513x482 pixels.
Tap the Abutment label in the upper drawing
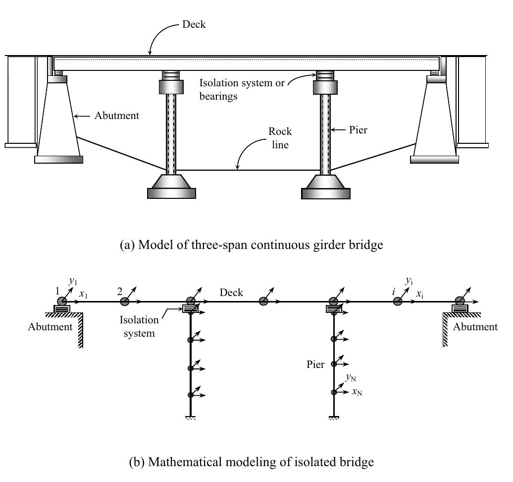(117, 116)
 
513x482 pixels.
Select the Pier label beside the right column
(358, 130)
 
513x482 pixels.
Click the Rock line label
(280, 137)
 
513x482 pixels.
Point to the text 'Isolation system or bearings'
(242, 89)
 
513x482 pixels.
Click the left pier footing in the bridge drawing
(171, 187)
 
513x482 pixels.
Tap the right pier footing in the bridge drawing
(326, 187)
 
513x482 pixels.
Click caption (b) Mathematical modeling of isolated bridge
(252, 462)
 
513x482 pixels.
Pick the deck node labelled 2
(125, 301)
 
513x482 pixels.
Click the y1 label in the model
(73, 281)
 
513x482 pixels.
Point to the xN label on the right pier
(357, 392)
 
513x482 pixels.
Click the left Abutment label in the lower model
(50, 327)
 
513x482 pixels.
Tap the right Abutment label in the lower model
(475, 327)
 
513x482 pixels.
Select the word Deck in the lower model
(231, 293)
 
